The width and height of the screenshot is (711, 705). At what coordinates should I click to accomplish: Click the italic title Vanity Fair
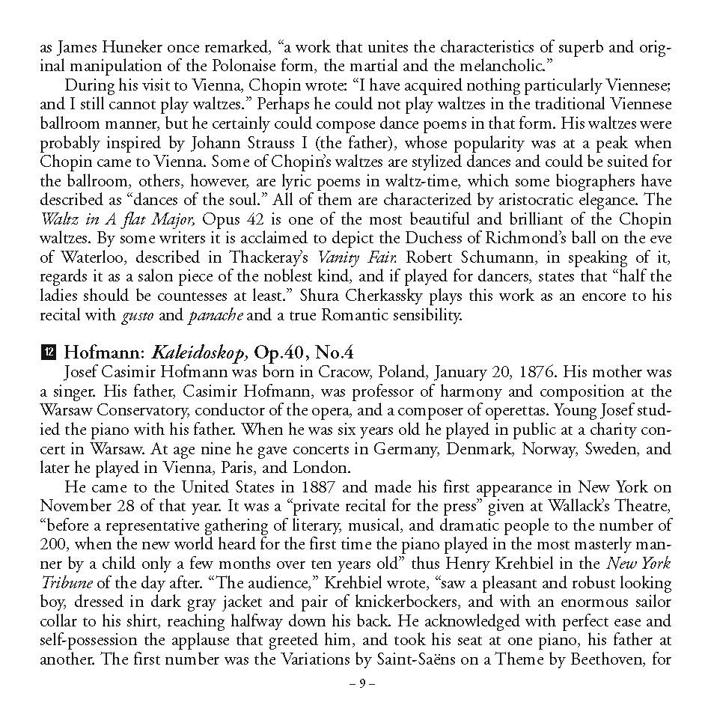coord(351,257)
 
